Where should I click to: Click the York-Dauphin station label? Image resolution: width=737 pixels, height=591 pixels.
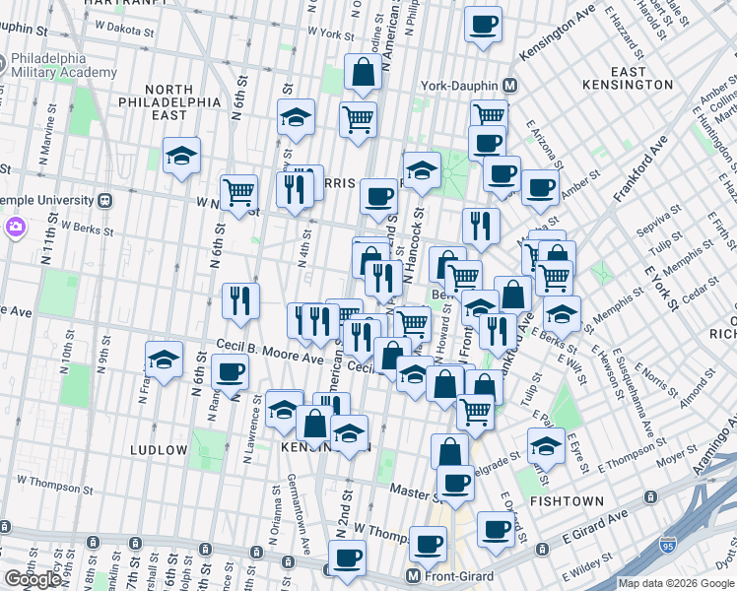point(460,85)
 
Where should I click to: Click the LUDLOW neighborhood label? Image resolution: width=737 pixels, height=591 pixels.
point(159,450)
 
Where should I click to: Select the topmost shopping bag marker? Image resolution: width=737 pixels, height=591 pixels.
point(364,71)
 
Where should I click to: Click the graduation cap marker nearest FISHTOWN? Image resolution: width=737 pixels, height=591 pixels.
point(545,445)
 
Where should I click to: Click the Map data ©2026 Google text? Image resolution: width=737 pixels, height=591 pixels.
point(676,583)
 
